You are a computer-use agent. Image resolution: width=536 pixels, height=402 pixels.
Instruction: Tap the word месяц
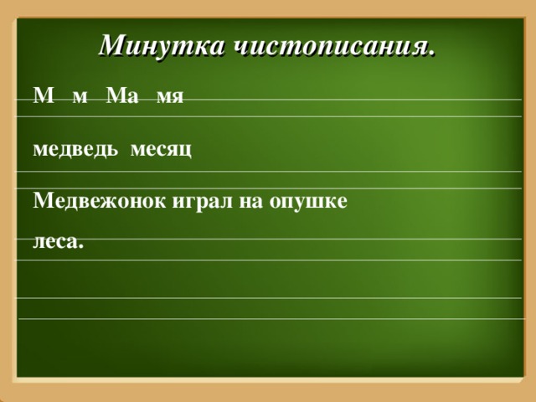[x=161, y=150]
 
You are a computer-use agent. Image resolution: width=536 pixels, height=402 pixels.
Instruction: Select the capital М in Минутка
[x=111, y=45]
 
